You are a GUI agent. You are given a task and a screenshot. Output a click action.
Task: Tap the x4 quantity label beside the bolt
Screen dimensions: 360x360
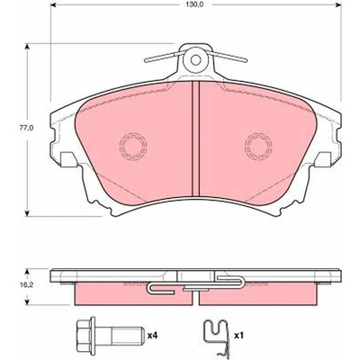[x=152, y=335]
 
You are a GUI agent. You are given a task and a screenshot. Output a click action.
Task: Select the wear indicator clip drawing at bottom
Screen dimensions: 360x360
[x=216, y=336]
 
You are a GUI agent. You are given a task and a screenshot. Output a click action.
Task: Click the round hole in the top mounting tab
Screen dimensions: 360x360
[x=195, y=60]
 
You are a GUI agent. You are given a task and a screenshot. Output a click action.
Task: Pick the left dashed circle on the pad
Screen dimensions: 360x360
[x=133, y=146]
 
